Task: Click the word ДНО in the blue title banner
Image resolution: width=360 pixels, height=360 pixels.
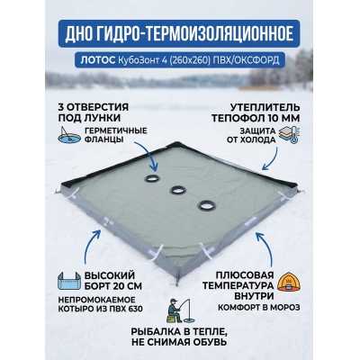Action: [x=78, y=34]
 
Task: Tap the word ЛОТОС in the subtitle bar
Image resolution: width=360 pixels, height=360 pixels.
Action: [x=98, y=60]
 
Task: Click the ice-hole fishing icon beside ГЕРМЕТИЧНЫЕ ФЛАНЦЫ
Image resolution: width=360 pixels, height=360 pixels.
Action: [x=69, y=135]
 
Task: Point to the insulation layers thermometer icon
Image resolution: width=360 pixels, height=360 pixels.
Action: [x=289, y=135]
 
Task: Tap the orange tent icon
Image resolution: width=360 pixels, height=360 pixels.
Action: [x=289, y=283]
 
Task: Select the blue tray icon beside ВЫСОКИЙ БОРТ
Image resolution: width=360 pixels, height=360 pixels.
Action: [x=69, y=281]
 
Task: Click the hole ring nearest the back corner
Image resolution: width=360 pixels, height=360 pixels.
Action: [x=152, y=179]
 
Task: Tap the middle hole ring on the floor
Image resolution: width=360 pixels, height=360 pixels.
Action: [x=178, y=190]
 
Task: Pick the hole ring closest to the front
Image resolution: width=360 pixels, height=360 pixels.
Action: [x=207, y=205]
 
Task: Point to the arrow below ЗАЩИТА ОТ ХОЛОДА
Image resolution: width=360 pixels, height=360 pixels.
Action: [x=270, y=159]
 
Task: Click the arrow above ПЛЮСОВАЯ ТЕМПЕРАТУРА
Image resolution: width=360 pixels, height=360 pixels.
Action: [x=266, y=247]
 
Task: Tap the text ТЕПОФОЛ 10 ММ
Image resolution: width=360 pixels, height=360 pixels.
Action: [x=256, y=118]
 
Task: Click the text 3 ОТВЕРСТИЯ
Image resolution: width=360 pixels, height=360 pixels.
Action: [x=93, y=107]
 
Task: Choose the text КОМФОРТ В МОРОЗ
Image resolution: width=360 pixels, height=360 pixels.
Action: [x=258, y=308]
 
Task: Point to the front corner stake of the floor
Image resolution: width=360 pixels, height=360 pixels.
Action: [x=178, y=281]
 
